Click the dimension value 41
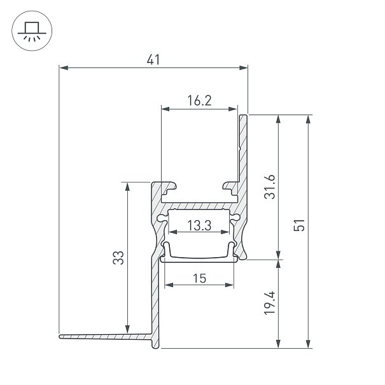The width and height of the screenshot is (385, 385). pyautogui.click(x=153, y=60)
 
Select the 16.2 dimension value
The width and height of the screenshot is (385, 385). pyautogui.click(x=199, y=101)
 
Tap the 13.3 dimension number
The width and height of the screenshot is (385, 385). pyautogui.click(x=199, y=226)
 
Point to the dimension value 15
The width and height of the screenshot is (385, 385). pyautogui.click(x=199, y=279)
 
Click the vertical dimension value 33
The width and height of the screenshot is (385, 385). pyautogui.click(x=118, y=258)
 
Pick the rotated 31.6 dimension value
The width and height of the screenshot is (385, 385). pyautogui.click(x=270, y=186)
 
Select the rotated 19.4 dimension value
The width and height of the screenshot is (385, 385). pyautogui.click(x=270, y=303)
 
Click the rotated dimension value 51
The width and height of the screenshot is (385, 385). pyautogui.click(x=299, y=225)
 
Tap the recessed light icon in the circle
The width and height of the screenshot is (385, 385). pyautogui.click(x=32, y=31)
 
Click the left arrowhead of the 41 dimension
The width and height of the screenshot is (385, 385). pyautogui.click(x=64, y=67)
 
